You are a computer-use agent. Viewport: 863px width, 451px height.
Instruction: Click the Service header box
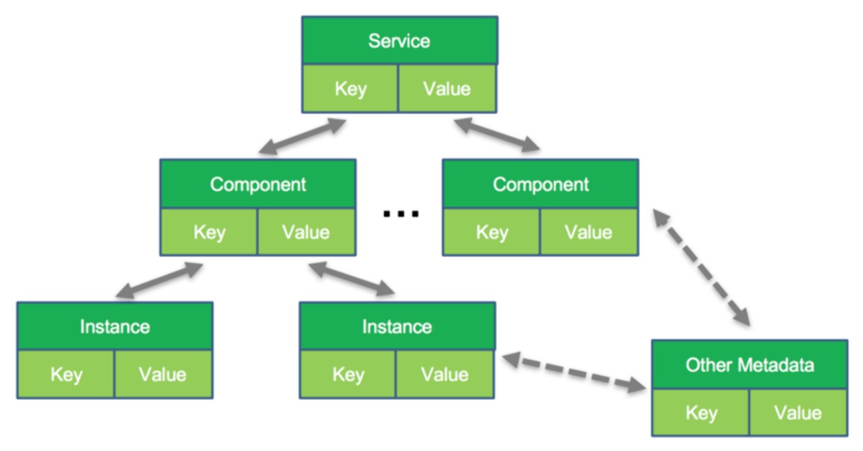400,40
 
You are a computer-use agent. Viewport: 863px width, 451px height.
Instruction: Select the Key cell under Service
350,88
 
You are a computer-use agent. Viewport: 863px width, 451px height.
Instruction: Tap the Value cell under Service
447,88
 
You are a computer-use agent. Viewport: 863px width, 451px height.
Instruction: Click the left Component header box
258,184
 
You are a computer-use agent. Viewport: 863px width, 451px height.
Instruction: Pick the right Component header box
541,184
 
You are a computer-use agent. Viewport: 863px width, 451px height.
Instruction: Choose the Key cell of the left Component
209,232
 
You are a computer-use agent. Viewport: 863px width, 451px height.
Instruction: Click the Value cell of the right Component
589,232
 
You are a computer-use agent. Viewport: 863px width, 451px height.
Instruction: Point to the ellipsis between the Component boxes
400,214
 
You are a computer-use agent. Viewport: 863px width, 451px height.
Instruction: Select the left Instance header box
115,326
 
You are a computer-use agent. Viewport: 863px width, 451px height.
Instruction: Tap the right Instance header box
397,326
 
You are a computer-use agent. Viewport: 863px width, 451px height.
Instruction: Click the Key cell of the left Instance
66,374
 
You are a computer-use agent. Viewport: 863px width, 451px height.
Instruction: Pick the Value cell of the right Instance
445,374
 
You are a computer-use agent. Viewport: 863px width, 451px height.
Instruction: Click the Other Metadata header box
750,364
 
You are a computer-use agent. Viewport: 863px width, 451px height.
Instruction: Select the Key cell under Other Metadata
701,413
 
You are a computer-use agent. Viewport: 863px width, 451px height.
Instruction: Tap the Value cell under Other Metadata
798,413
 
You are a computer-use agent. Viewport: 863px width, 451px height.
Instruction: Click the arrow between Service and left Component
303,136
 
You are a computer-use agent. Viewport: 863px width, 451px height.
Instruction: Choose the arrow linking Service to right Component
497,134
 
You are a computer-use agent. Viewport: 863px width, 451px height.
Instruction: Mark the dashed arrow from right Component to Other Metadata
702,267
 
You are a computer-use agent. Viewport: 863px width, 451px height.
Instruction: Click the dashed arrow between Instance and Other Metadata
574,372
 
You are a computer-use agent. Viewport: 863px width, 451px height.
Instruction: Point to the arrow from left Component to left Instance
159,280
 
